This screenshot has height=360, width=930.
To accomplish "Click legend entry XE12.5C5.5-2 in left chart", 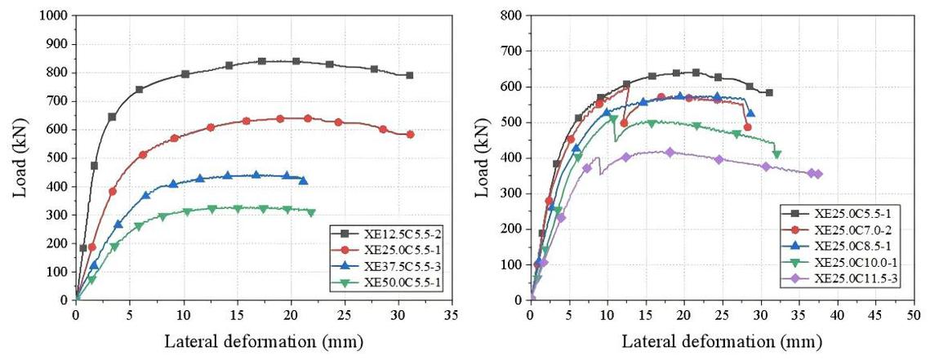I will (x=384, y=233).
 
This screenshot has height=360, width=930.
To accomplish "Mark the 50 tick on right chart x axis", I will (x=913, y=313).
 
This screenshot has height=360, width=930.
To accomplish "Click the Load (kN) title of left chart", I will (x=18, y=158).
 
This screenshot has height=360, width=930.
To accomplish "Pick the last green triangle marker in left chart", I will (x=310, y=212).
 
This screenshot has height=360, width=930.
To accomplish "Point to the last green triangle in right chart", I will (x=776, y=154).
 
